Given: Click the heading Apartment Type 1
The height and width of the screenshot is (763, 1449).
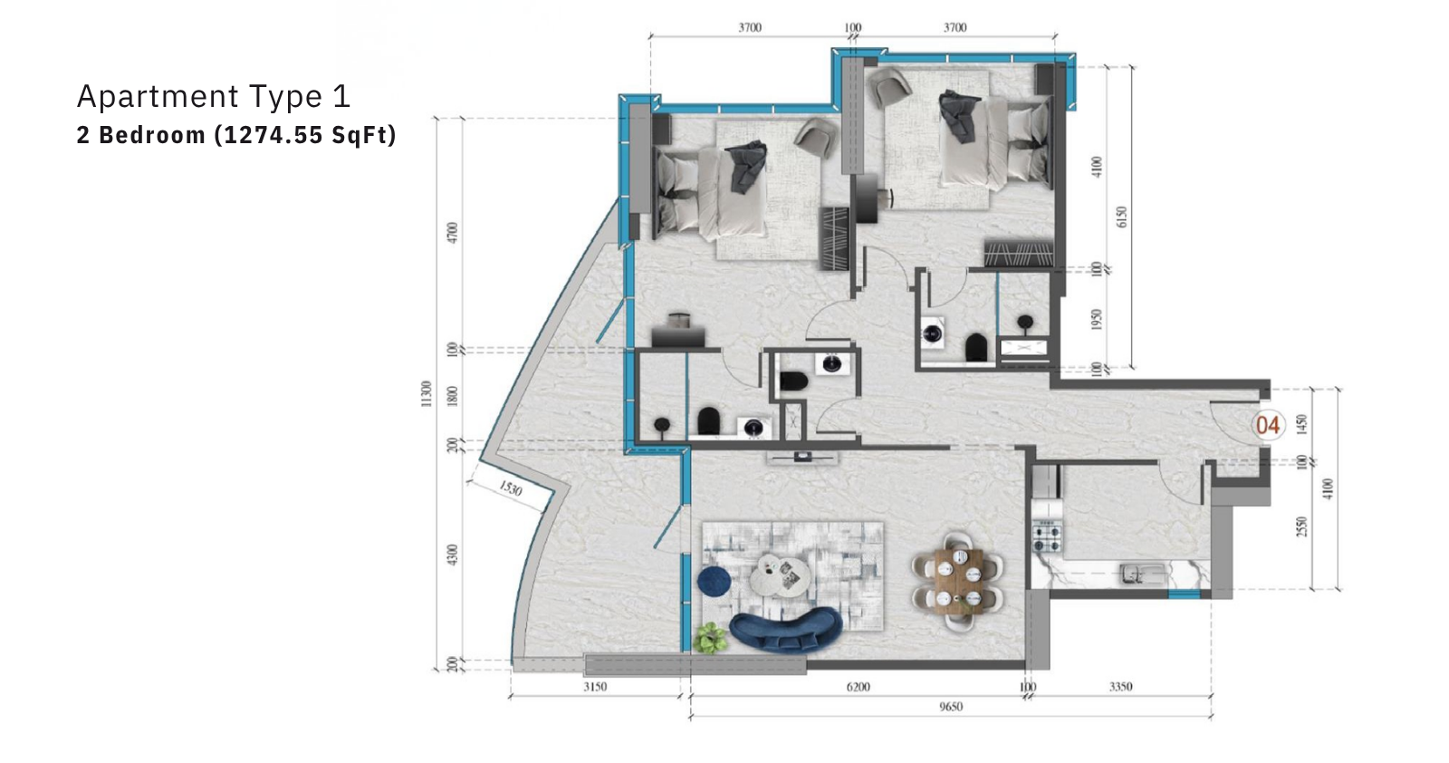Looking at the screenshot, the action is [214, 96].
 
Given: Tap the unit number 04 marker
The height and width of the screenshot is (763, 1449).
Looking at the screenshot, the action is [1268, 425].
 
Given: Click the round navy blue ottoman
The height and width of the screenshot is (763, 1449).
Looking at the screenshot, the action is [715, 581].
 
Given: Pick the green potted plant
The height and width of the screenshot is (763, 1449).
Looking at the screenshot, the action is [710, 637].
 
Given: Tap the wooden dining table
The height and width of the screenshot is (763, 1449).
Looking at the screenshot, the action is [959, 581].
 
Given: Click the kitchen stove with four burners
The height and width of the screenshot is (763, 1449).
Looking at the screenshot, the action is [1048, 536].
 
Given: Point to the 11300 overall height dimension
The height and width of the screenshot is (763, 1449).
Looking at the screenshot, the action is [426, 393].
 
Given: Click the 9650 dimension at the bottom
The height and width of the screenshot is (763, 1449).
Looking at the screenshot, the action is [951, 707].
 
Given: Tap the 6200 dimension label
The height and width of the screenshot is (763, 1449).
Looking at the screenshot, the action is [859, 687].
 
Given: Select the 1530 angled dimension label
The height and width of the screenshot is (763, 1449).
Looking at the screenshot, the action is [511, 488].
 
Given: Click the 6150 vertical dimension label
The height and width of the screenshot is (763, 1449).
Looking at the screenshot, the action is [1122, 217].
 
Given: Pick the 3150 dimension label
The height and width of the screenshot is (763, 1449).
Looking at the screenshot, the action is [595, 687].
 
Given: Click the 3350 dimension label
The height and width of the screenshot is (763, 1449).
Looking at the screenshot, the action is [1121, 687].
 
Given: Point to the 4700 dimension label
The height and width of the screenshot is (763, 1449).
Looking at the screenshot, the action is [453, 233].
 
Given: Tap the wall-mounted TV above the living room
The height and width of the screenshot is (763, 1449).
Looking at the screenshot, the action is [802, 457].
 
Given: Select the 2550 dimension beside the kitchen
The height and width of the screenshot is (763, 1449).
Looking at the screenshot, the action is [1302, 526].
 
